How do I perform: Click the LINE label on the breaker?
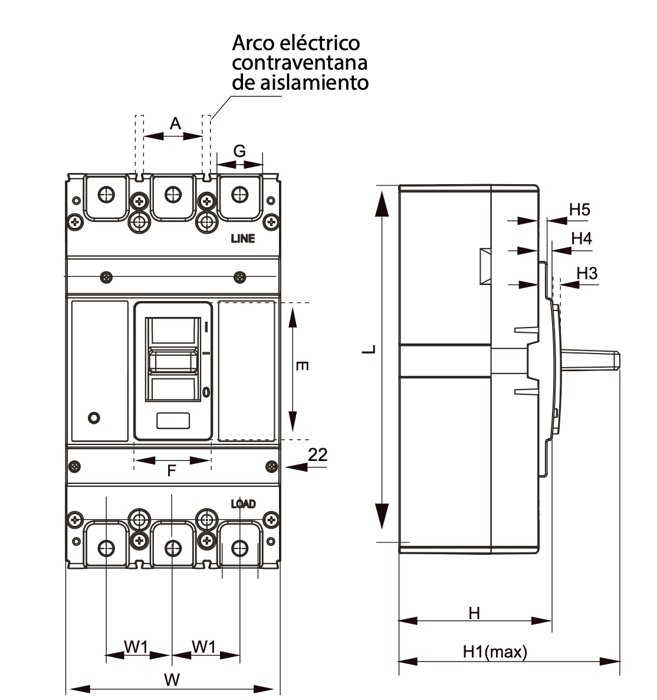tap(243, 238)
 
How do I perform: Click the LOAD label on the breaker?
tap(244, 504)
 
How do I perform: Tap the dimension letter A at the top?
tap(175, 123)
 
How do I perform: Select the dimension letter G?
tap(239, 151)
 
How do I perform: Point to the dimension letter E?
tap(302, 366)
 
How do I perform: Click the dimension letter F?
tap(171, 470)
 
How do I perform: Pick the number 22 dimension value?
tap(317, 454)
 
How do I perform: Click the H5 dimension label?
tap(580, 210)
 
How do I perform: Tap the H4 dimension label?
tap(582, 238)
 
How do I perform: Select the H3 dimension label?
tap(587, 273)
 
